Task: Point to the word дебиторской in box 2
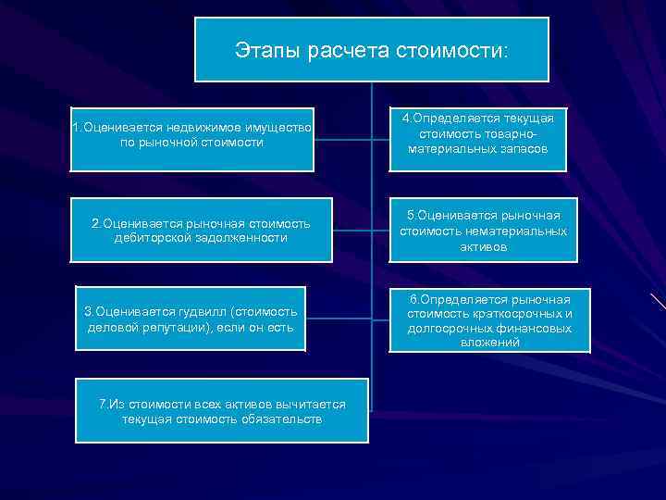coord(152,238)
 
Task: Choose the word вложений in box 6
coord(489,344)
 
